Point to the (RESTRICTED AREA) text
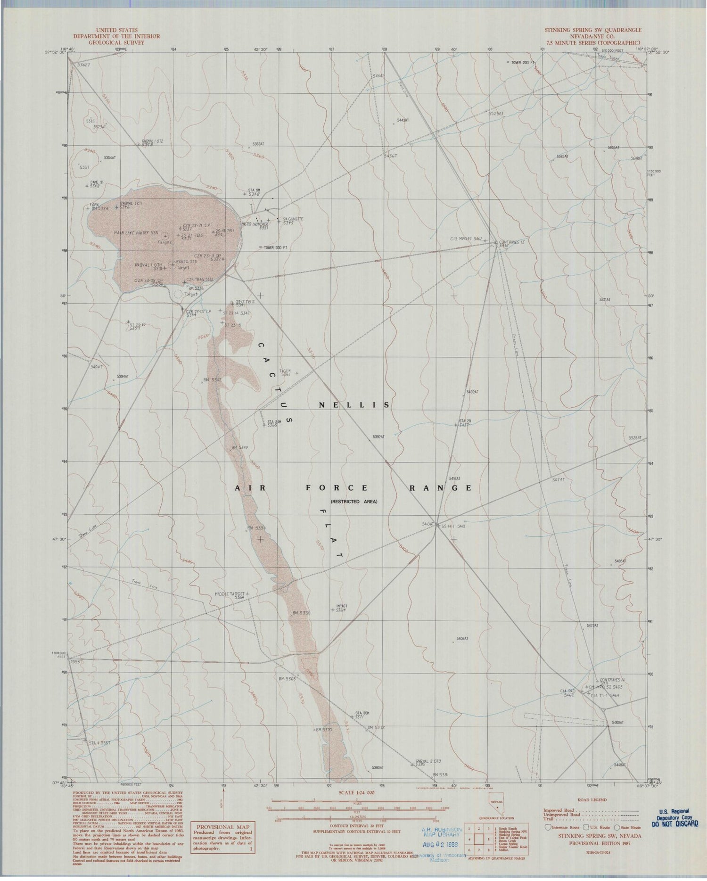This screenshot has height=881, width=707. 354,502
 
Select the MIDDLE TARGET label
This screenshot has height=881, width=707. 230,593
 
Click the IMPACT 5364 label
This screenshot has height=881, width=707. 341,608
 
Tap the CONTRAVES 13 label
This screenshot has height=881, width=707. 512,241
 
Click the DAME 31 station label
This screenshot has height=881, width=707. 97,183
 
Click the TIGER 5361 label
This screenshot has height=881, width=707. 286,372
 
